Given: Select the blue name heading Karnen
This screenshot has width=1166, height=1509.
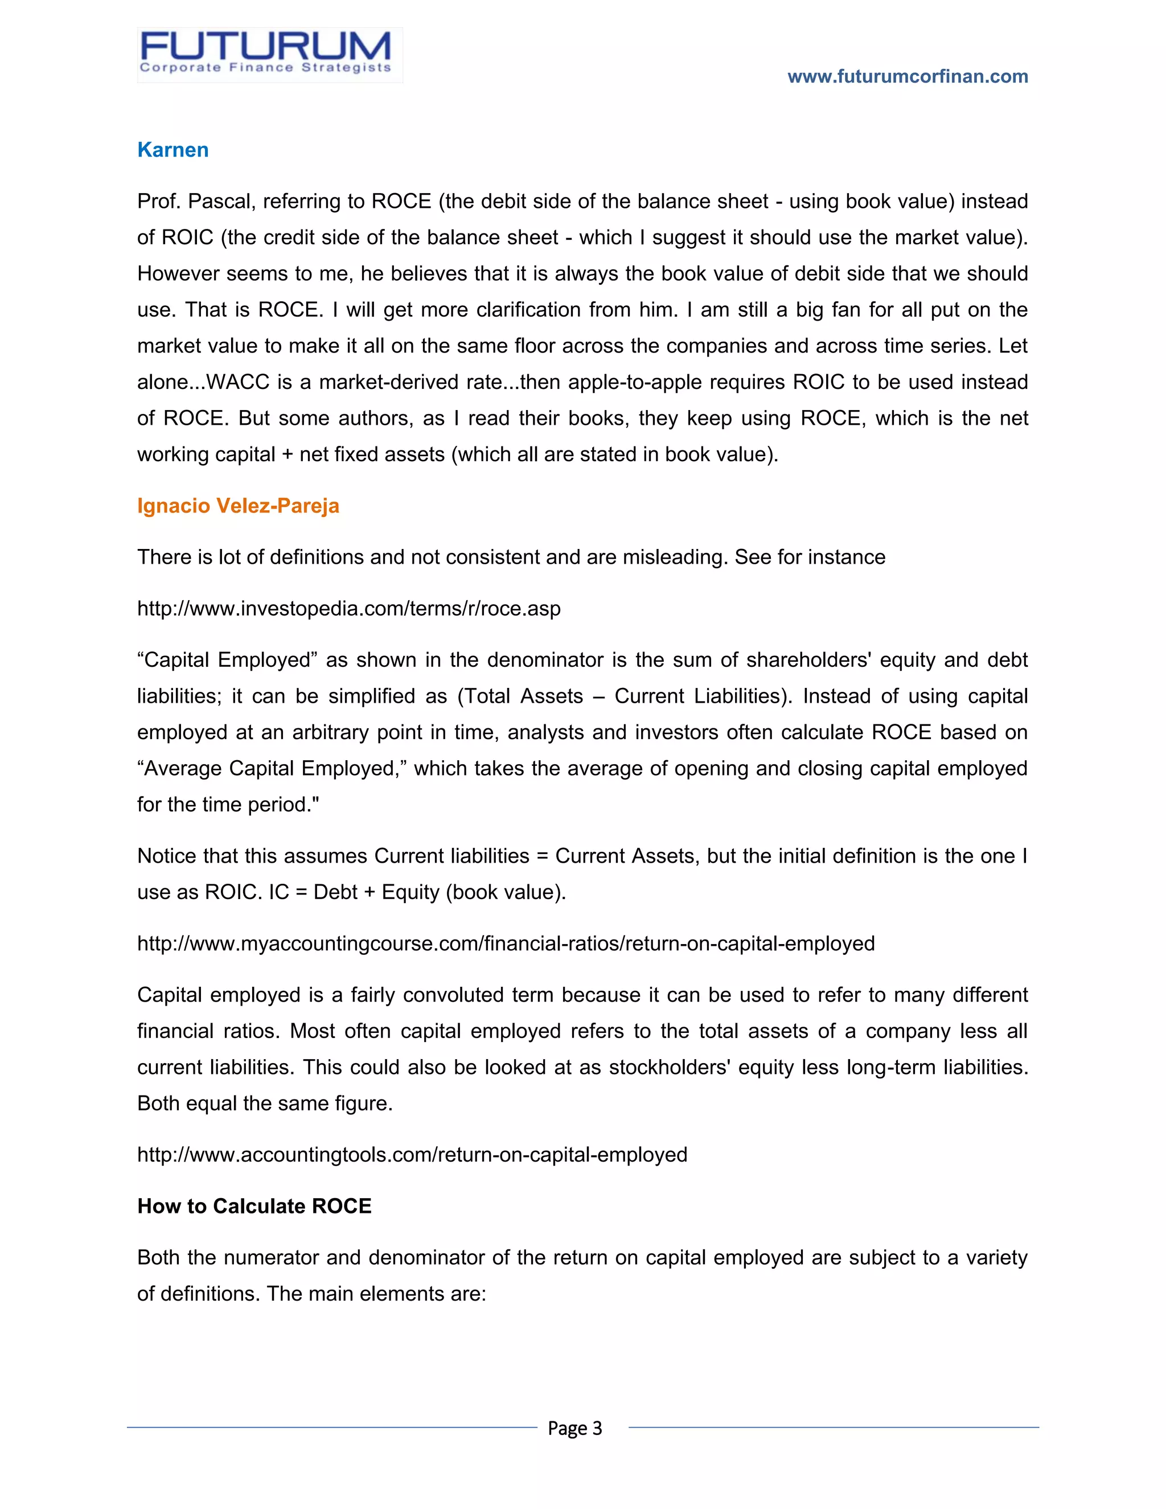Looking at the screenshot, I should point(173,150).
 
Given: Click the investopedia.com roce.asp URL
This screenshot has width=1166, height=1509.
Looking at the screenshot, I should point(349,609).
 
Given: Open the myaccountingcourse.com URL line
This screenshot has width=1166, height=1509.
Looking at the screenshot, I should point(506,944).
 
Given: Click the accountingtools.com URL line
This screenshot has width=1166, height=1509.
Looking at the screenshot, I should point(412,1155).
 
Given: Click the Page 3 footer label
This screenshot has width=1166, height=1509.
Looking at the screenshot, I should point(574,1428).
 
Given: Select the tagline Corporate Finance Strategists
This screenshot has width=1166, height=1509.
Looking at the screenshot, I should point(265,68).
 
